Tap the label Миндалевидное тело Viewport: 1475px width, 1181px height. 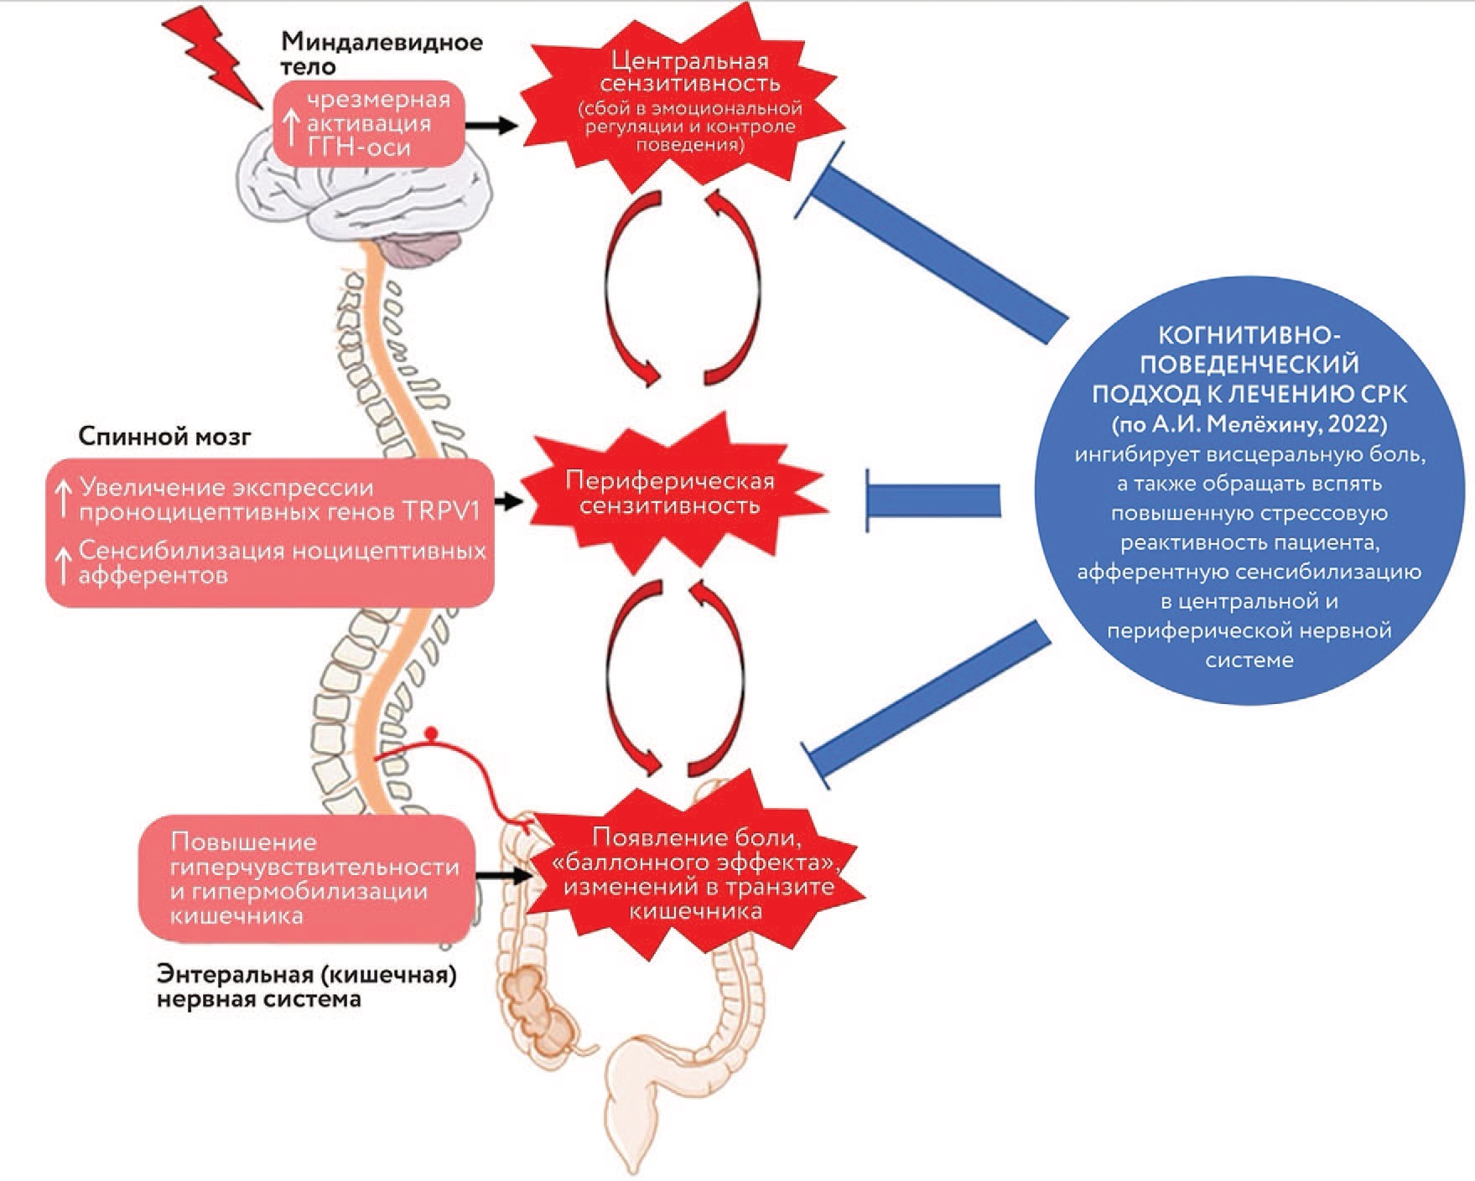pyautogui.click(x=382, y=54)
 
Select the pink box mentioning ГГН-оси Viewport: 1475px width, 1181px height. pyautogui.click(x=370, y=124)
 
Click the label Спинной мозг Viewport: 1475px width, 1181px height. pyautogui.click(x=164, y=437)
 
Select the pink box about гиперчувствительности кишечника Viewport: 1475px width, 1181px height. pyautogui.click(x=307, y=878)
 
